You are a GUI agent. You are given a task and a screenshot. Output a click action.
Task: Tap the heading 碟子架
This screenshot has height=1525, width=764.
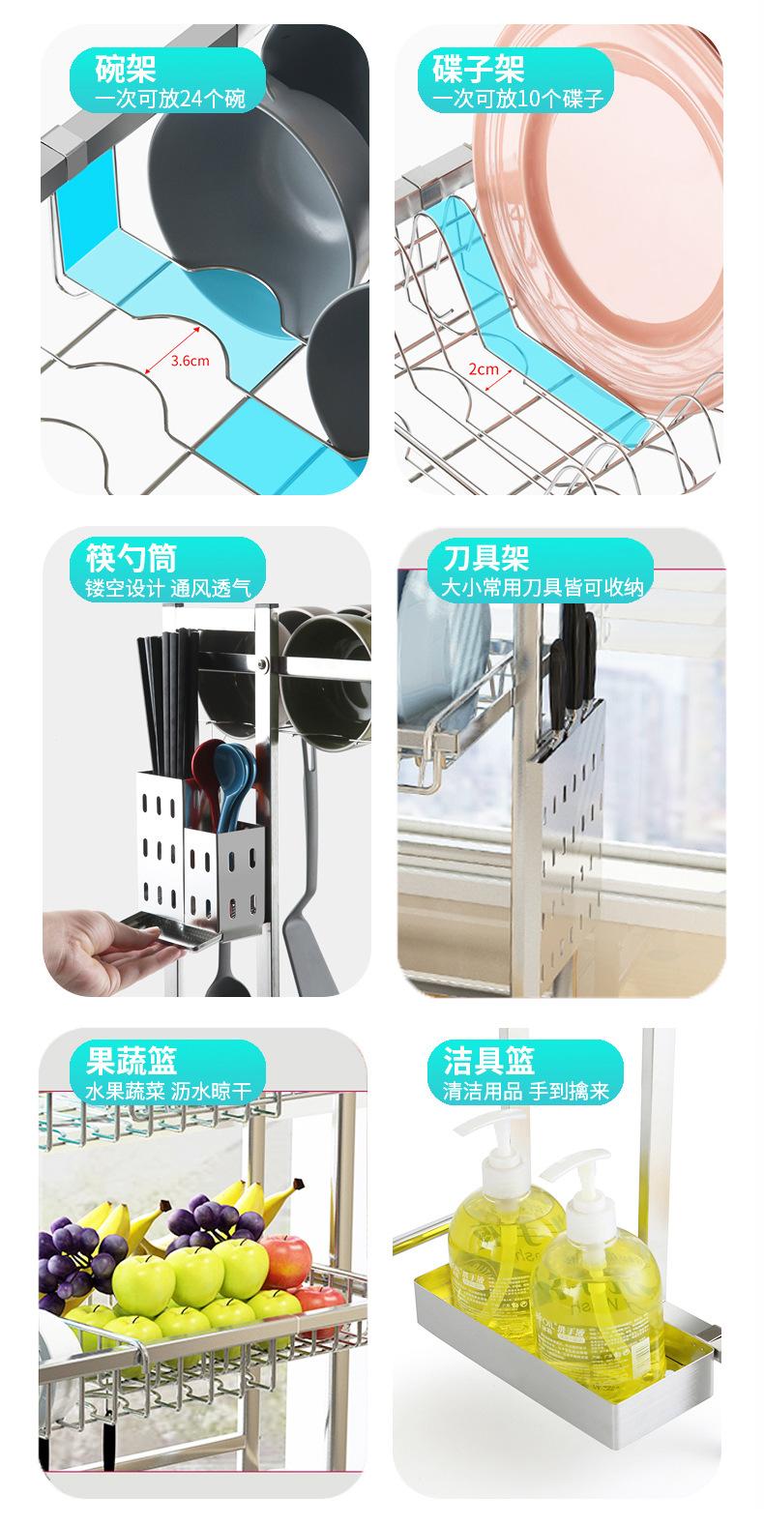477,70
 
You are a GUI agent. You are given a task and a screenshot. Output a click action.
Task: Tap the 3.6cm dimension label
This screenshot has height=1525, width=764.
190,361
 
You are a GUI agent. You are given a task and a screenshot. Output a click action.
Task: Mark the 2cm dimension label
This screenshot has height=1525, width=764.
483,368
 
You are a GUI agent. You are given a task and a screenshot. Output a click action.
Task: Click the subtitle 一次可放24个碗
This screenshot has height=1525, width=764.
170,99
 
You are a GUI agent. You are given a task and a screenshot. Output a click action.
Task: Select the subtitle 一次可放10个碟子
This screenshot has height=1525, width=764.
517,99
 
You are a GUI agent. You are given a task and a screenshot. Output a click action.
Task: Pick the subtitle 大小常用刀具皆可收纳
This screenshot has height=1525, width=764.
542,587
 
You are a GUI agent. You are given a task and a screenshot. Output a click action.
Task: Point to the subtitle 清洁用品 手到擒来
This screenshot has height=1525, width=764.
526,1092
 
